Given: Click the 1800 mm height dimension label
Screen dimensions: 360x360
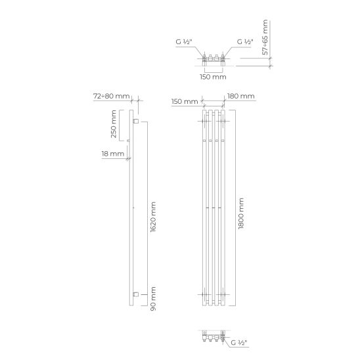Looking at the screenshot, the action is coord(241,214).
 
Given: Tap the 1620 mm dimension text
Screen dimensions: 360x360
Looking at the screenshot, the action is coord(153,217).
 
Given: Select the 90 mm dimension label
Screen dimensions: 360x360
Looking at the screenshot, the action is coord(153,299).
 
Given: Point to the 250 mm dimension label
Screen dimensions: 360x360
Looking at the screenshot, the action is coord(114,124).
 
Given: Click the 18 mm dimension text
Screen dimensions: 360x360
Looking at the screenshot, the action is coord(113,154).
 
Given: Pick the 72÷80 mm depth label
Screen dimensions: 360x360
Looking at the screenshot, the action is coord(112,96).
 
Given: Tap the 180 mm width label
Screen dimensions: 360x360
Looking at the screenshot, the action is coord(241,96).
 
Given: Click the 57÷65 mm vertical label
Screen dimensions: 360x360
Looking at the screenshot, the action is coord(265,37).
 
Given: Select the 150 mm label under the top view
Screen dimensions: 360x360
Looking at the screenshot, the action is coord(213,77).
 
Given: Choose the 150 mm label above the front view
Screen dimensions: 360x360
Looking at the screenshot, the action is coord(185,101).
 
